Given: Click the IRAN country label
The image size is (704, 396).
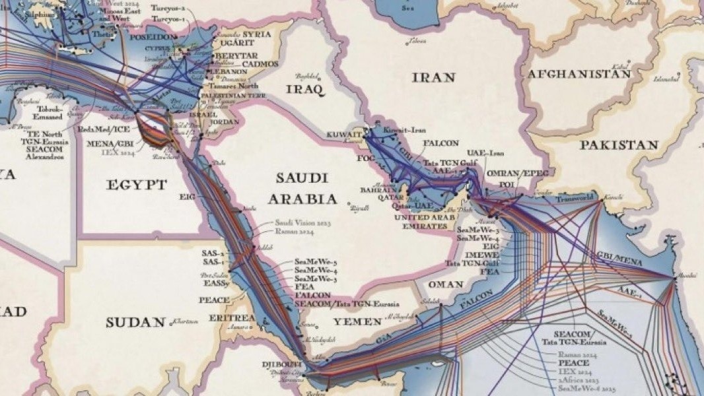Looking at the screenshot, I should tap(433, 78).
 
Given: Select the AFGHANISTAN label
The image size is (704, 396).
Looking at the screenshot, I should tap(579, 74).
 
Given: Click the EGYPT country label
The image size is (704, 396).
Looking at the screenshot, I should tap(137, 185).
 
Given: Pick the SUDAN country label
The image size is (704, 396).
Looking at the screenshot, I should tap(135, 322).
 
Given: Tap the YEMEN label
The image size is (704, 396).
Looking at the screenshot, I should tap(357, 321).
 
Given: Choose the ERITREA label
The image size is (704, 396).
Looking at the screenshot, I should tap(231, 318).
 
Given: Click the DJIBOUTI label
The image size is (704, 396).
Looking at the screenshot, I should tap(281, 364).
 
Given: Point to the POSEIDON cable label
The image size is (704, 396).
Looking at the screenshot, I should tap(155, 38).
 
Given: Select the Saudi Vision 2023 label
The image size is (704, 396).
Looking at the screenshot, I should tap(302, 224).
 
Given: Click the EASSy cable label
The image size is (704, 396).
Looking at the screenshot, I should tap(217, 284).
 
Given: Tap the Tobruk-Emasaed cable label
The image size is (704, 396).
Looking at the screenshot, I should tap(50, 113).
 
